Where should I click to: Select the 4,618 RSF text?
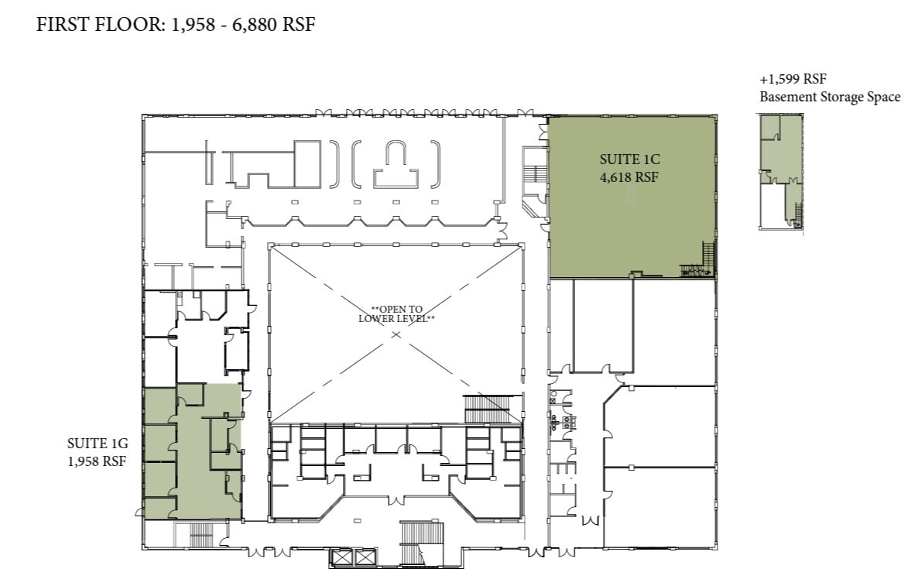pos(630,176)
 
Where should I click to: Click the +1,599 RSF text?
pos(792,80)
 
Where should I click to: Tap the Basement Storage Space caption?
pos(829,97)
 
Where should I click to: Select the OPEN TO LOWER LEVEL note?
pos(396,314)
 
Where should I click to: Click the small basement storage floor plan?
pos(782,172)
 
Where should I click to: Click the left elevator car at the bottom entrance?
pos(341,557)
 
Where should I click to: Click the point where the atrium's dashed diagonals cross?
pos(396,334)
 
